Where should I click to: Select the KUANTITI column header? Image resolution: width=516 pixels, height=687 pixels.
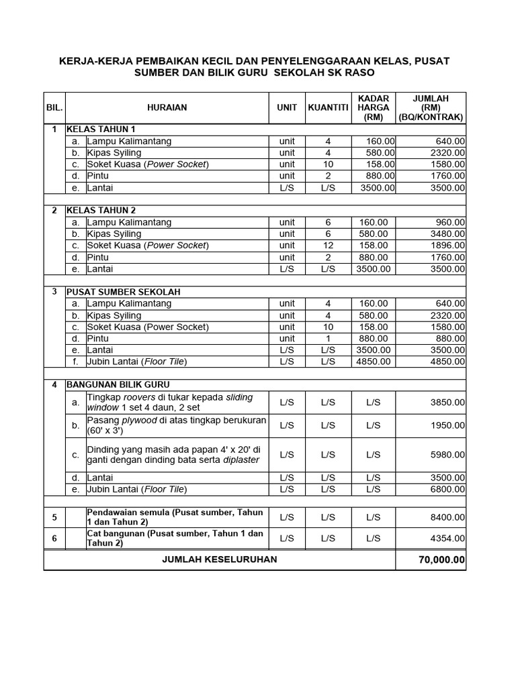tap(328, 107)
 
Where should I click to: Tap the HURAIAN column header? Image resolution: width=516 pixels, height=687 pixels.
tap(167, 107)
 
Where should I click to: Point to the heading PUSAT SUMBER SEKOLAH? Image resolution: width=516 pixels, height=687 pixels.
tap(123, 292)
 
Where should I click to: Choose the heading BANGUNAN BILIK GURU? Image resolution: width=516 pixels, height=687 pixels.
tap(118, 384)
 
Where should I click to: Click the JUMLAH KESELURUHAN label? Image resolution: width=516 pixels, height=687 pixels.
tap(220, 560)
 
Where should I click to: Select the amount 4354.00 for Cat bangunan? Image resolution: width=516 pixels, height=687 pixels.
tap(447, 538)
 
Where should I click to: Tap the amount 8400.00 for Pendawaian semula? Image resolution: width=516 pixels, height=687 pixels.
tap(447, 517)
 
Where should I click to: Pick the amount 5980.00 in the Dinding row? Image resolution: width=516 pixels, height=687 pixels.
tap(447, 455)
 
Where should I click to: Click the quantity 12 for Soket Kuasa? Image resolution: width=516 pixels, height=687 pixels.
tap(328, 246)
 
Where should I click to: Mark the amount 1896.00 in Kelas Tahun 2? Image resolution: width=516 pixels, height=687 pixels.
tap(447, 246)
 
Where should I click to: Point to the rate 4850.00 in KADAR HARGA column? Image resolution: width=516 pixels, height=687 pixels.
tap(373, 362)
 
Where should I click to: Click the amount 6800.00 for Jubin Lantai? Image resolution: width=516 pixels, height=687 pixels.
tap(447, 489)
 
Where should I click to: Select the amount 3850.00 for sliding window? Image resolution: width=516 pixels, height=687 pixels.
tap(447, 403)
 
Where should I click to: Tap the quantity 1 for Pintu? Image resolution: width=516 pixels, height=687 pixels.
tap(328, 339)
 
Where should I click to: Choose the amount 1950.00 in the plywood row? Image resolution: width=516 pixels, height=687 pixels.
tap(447, 425)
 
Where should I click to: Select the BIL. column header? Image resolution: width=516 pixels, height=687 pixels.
tap(54, 107)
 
